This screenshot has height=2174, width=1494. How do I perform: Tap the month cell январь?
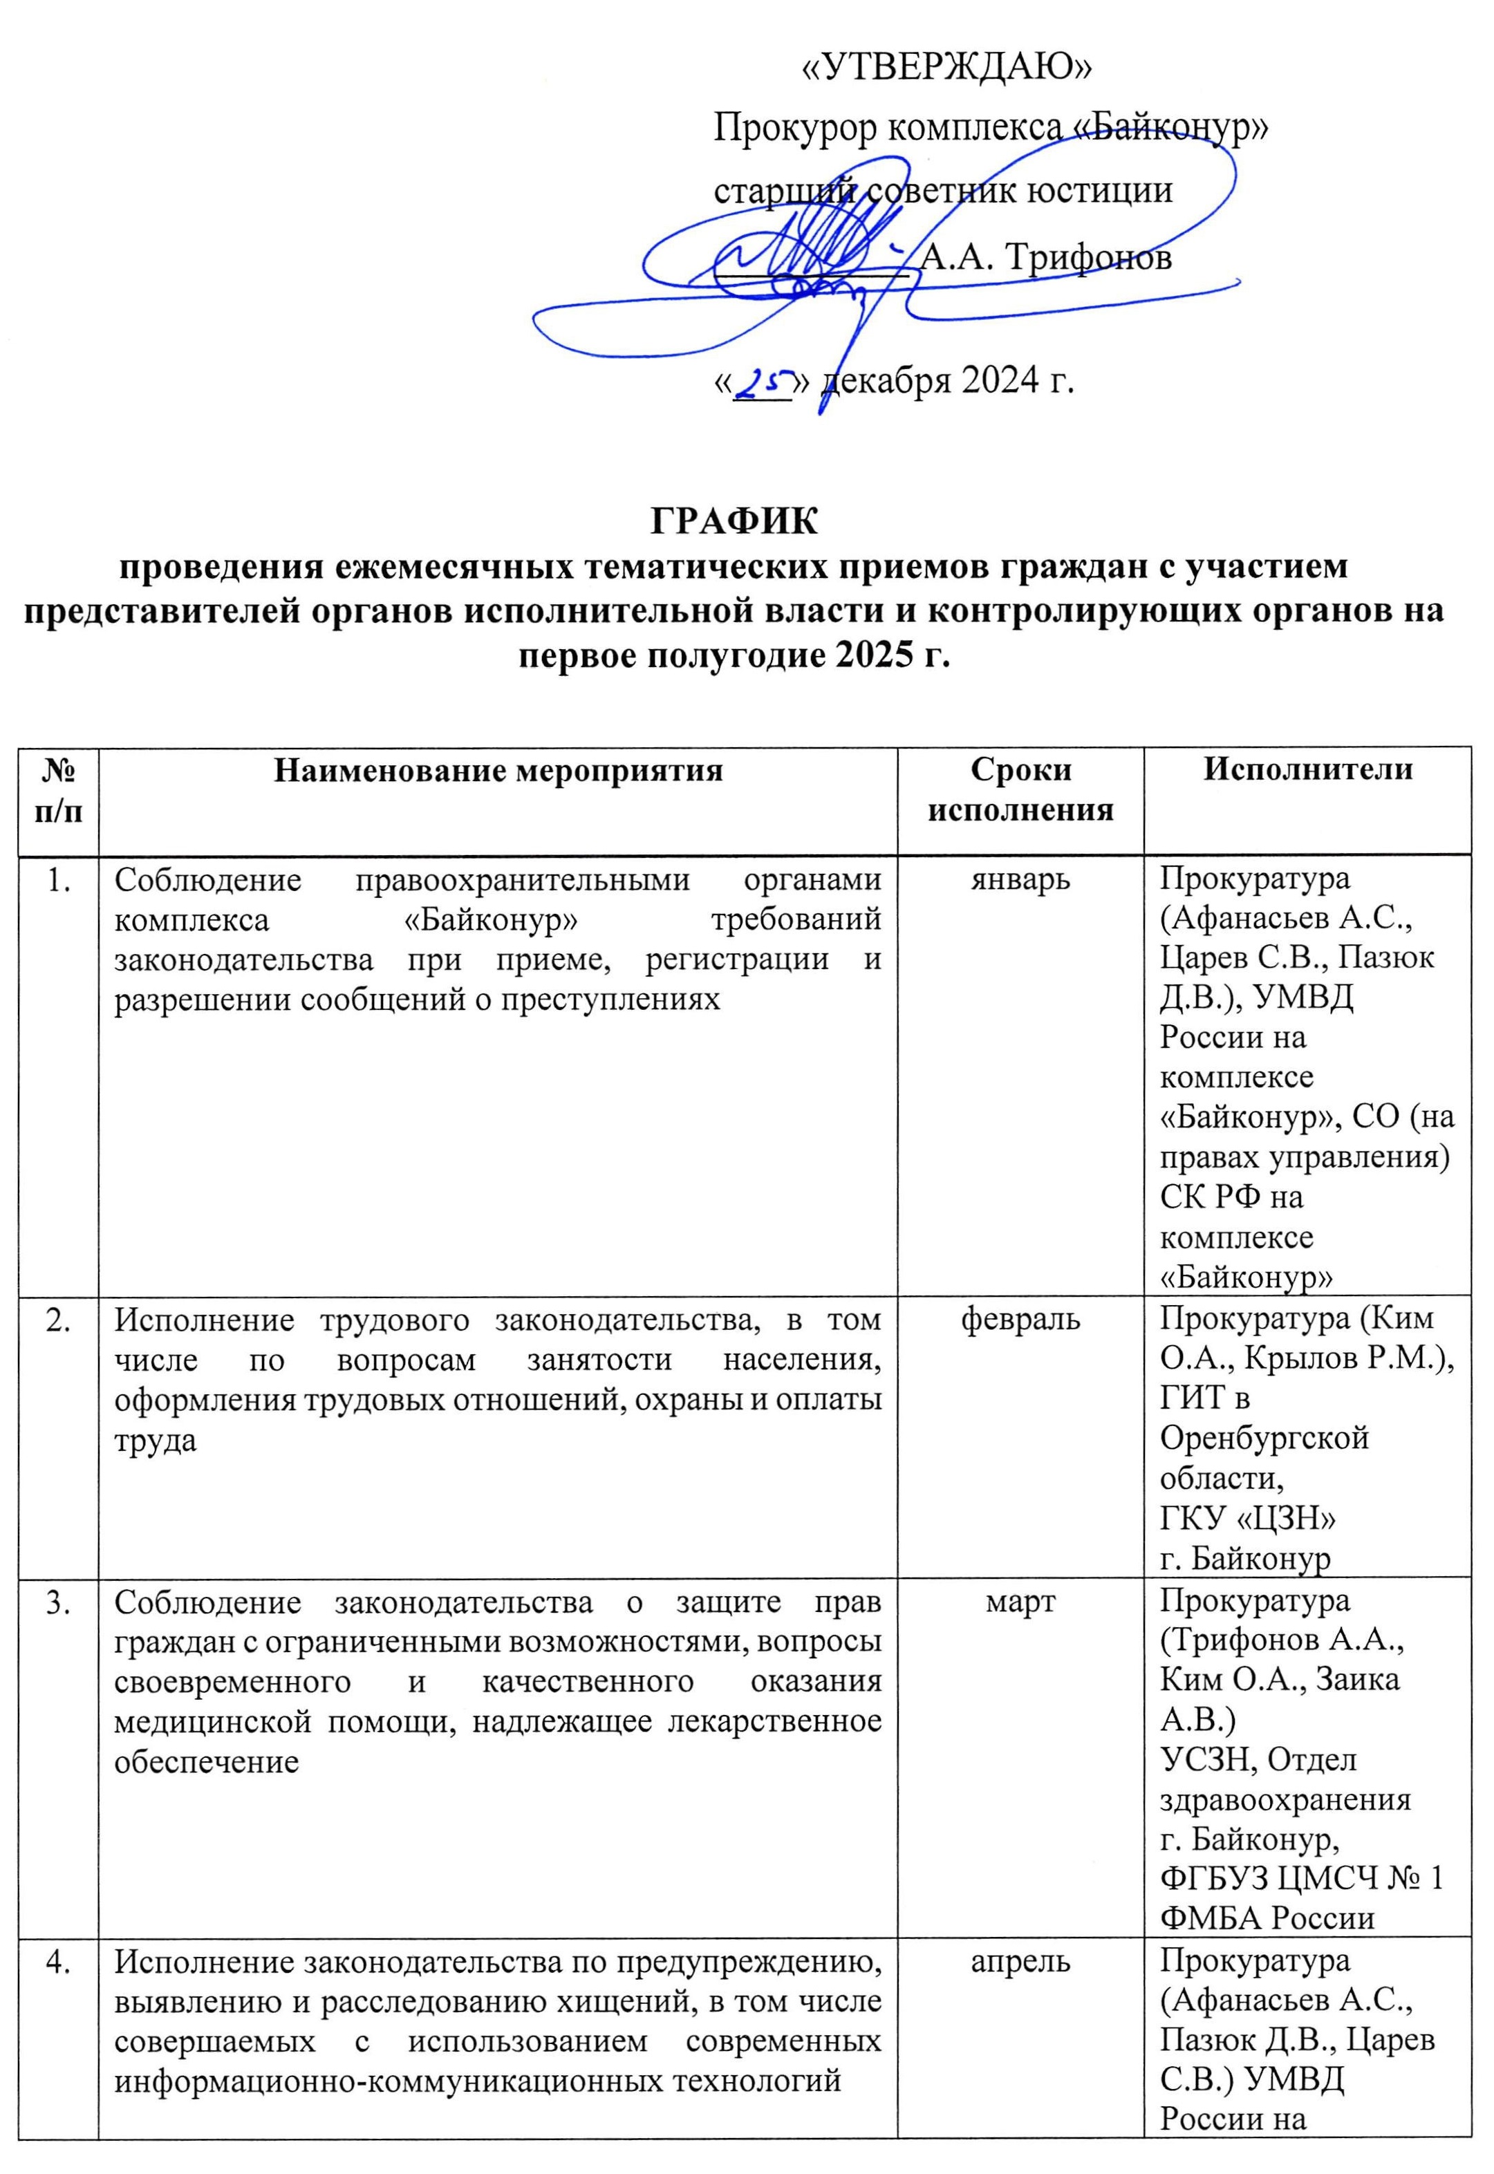coord(1020,880)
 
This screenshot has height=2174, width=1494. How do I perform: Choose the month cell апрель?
coord(1020,1962)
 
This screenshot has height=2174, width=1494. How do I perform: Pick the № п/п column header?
coord(58,791)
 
